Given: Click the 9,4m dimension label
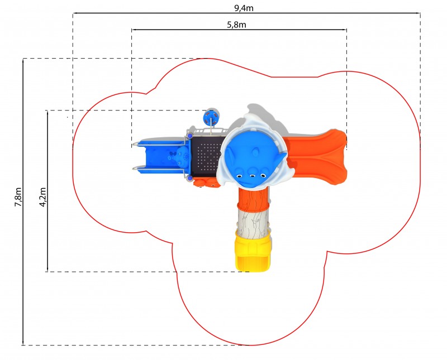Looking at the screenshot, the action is (244, 8).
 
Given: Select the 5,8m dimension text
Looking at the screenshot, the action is (236, 25).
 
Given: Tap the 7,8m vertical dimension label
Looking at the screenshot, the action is (18, 197).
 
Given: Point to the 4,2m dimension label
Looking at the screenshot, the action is (43, 197).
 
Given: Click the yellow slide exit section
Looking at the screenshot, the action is (253, 252).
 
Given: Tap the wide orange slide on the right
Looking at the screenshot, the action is (316, 157).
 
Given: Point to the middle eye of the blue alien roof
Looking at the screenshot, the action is (253, 175).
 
